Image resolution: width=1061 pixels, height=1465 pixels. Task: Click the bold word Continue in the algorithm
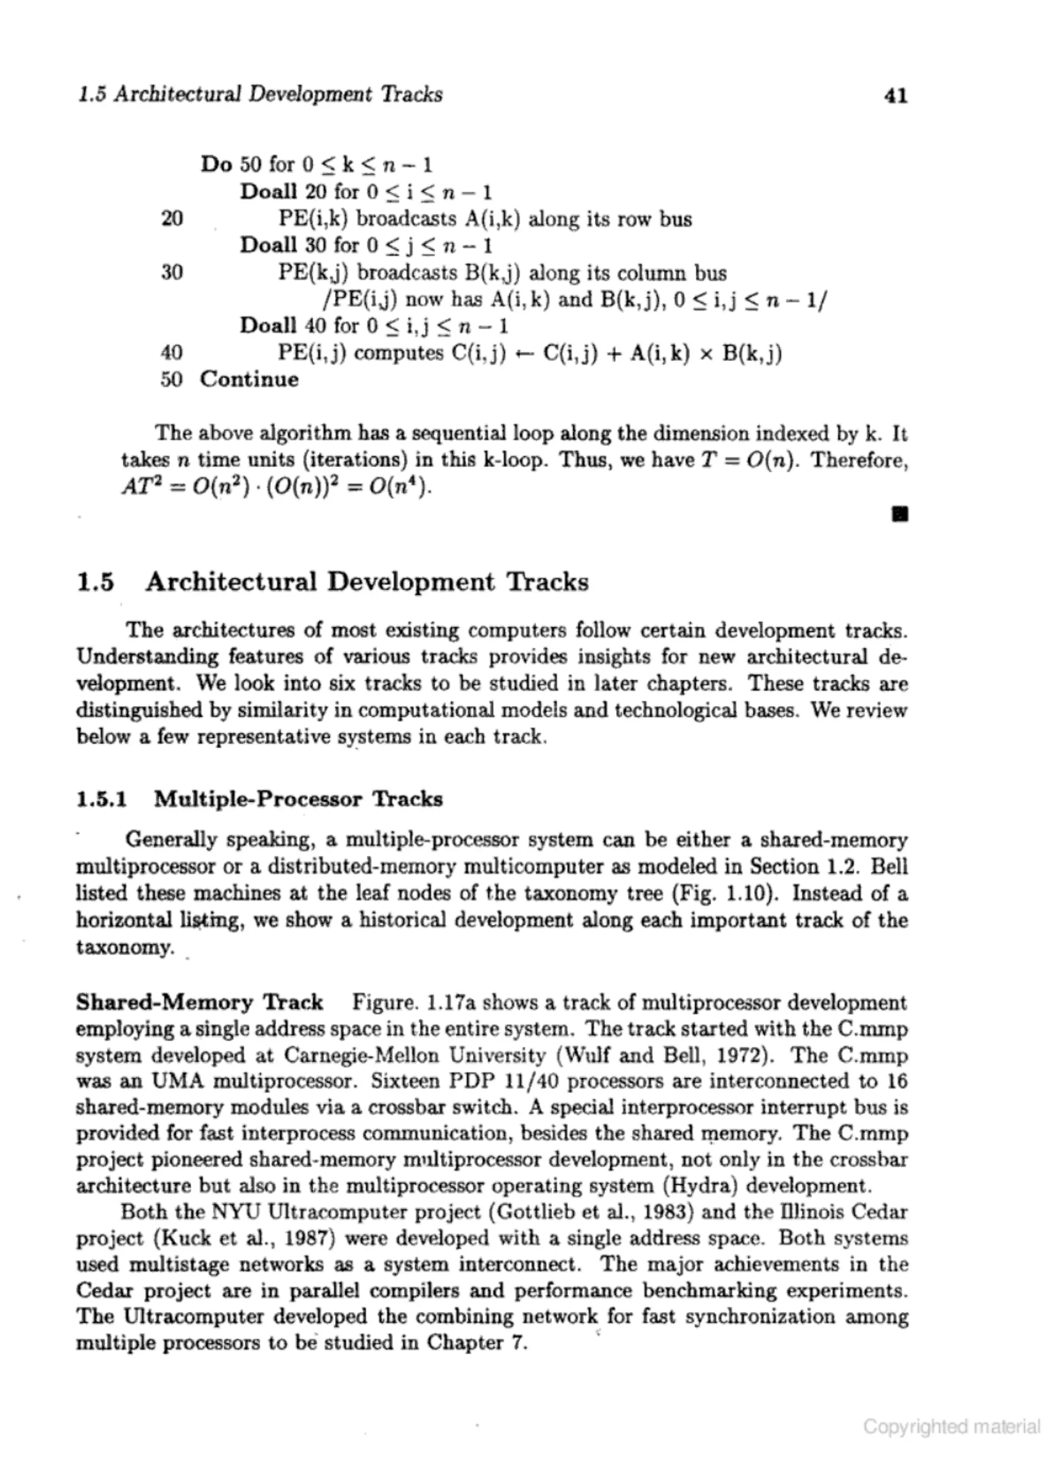click(x=249, y=379)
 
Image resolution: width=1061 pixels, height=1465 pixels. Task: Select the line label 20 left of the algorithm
click(x=172, y=219)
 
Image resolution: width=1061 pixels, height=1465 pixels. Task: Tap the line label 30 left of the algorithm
click(x=172, y=272)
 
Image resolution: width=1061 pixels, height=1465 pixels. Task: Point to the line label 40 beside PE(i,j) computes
click(x=172, y=353)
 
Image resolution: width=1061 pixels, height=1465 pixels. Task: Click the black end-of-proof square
click(x=899, y=514)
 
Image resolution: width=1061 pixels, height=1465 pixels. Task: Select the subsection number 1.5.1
click(x=102, y=800)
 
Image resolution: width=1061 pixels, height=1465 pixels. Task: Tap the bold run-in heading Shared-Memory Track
click(x=199, y=1002)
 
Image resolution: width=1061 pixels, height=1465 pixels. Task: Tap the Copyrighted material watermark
click(x=952, y=1426)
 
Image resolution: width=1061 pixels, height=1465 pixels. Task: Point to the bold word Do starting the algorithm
click(x=217, y=165)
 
